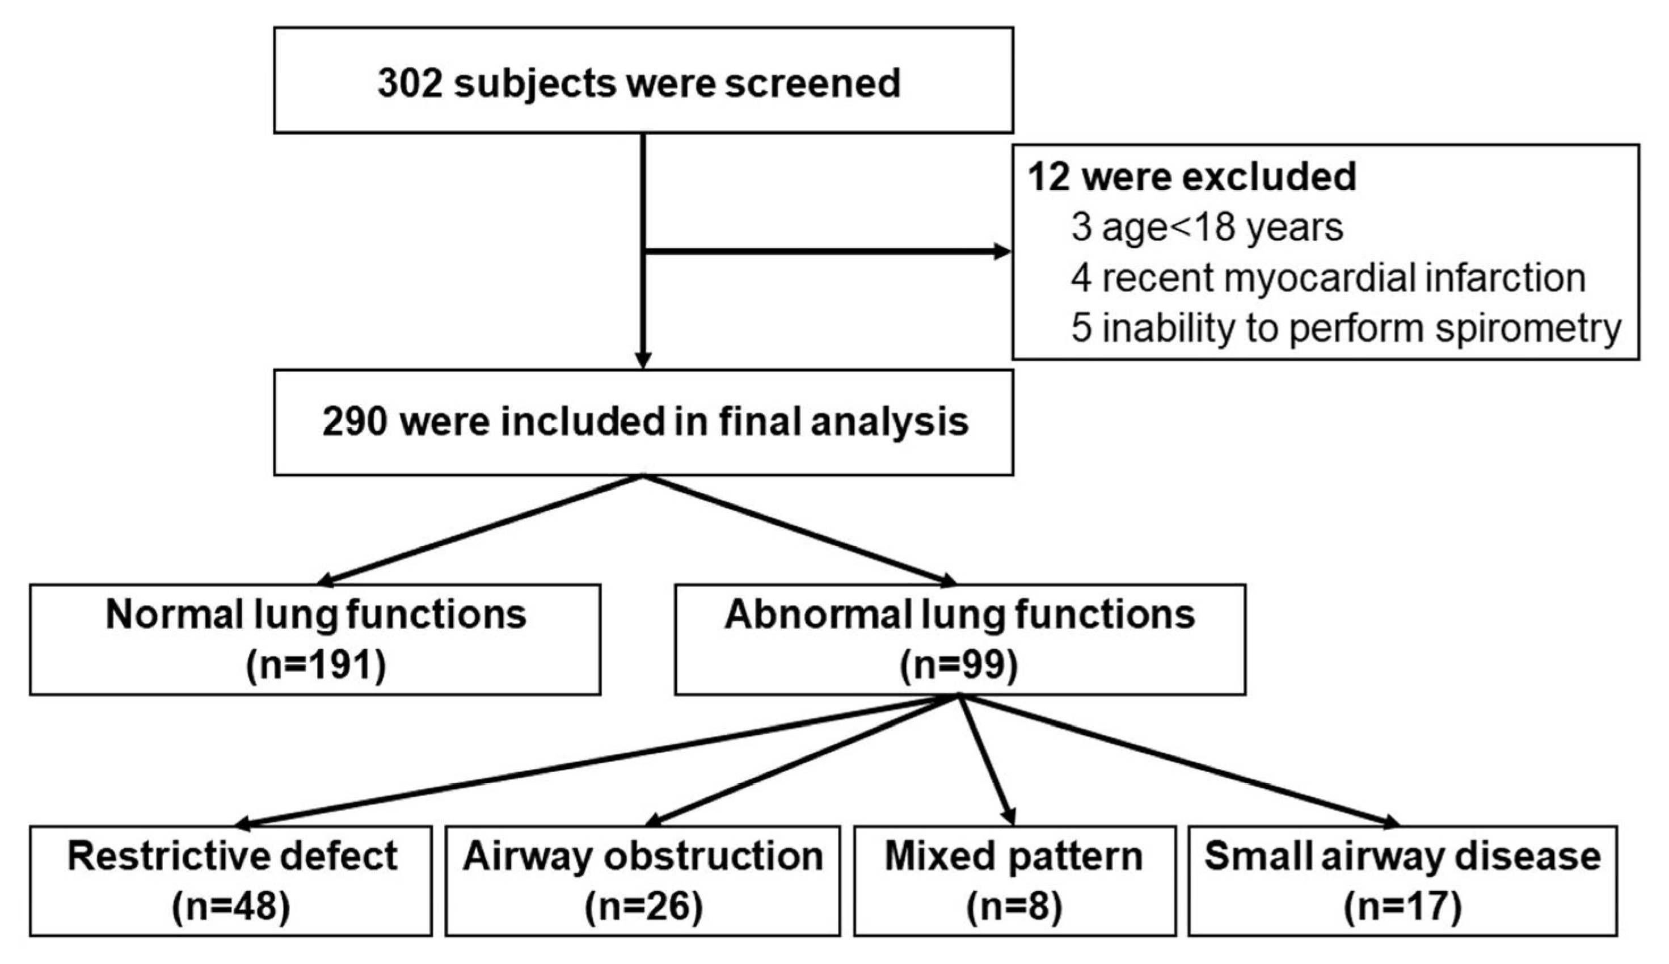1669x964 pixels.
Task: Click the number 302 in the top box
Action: tap(409, 83)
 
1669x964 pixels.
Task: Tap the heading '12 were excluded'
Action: tap(1191, 178)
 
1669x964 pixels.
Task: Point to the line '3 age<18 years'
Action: tap(1207, 227)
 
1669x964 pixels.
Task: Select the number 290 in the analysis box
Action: tap(354, 422)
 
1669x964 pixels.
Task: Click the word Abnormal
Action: tap(818, 614)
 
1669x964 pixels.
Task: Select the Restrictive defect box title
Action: tap(231, 856)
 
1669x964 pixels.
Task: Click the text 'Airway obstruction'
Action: tap(643, 856)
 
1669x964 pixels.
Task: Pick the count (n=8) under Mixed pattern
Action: tap(1014, 906)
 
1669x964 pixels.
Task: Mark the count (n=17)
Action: tap(1402, 906)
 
